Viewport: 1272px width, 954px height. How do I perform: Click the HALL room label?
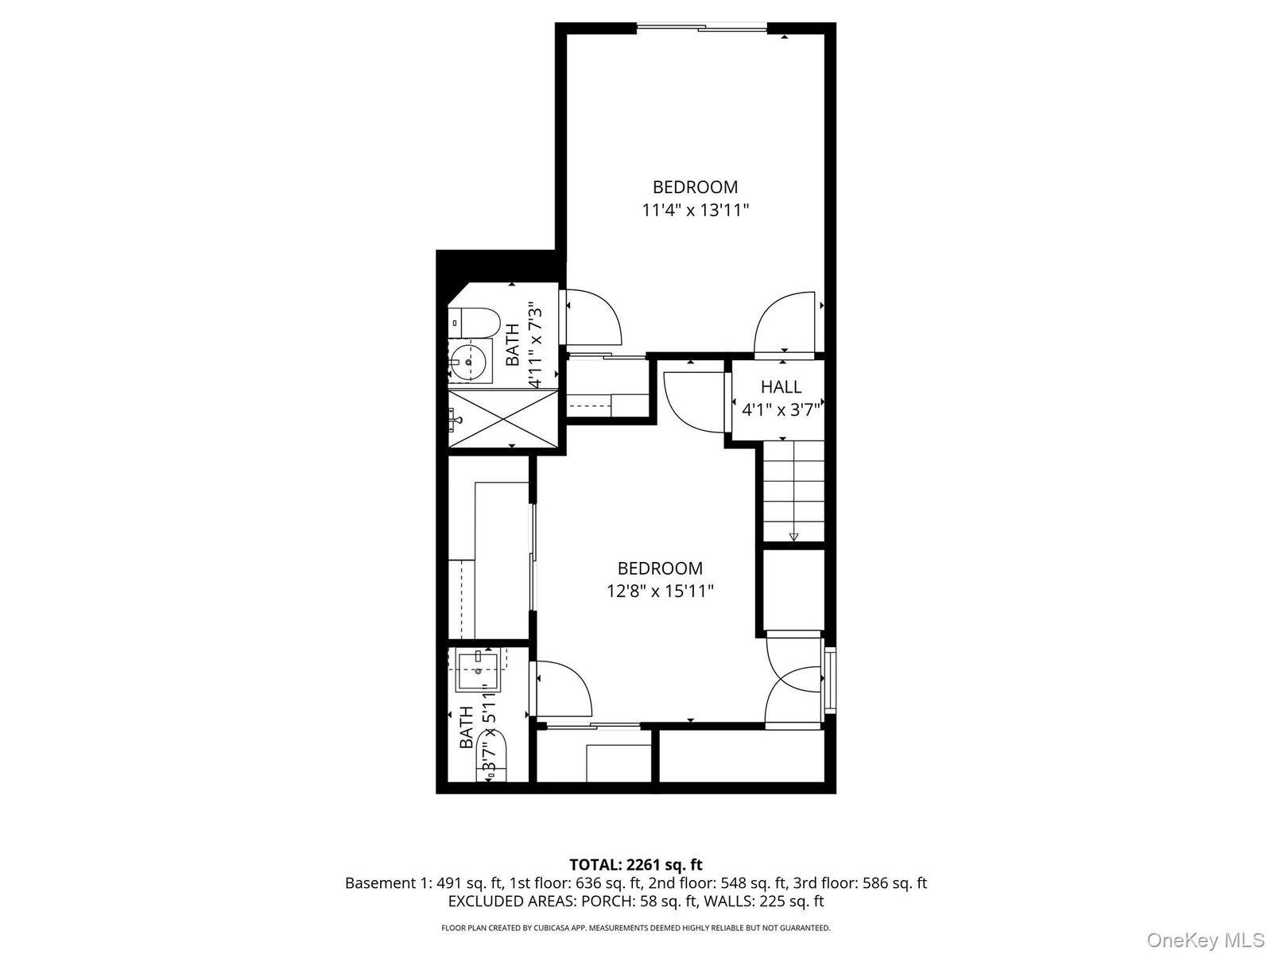781,387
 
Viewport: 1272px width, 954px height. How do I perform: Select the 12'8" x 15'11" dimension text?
660,591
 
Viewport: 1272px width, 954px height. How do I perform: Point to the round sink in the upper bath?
469,363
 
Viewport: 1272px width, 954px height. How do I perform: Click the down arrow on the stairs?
793,537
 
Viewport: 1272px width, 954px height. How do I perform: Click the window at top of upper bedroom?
702,29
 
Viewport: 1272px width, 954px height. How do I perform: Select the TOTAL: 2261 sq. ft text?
636,864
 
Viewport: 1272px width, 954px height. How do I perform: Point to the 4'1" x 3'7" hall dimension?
781,410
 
